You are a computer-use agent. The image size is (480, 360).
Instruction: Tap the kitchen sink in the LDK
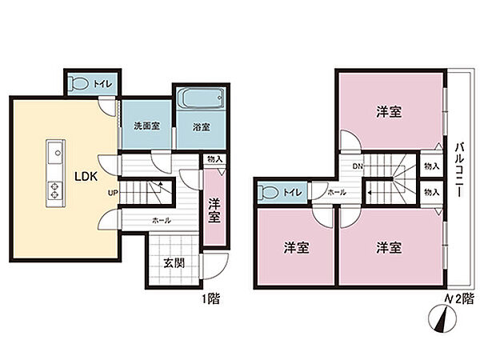click(55, 152)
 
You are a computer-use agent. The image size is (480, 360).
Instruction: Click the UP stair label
click(114, 193)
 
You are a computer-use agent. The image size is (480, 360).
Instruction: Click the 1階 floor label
click(211, 300)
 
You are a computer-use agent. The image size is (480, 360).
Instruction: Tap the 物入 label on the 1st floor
click(214, 159)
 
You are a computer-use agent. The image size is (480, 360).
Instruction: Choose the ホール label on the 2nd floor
click(337, 192)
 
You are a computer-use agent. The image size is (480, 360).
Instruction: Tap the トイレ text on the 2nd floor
click(294, 192)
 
